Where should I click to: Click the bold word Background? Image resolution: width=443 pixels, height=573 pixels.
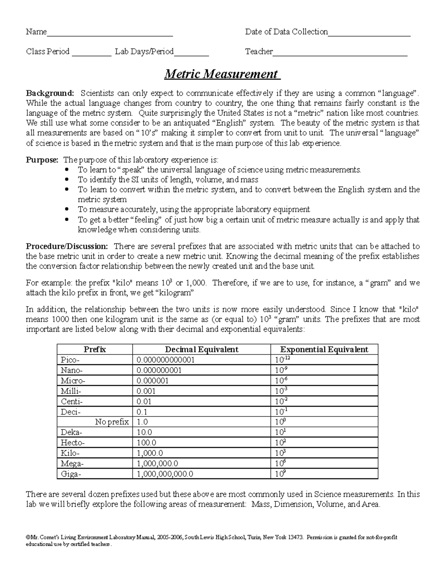pos(50,93)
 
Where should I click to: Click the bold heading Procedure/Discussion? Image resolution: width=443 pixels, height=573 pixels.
pos(67,246)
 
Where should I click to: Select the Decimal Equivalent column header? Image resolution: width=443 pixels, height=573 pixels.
pos(201,349)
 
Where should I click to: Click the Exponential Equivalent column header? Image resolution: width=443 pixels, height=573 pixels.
pos(324,349)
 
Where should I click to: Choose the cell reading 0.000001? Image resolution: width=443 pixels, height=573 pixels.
pos(152,381)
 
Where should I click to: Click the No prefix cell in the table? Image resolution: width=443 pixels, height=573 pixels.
pos(111,422)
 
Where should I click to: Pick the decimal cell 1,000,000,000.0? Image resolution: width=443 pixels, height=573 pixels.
pos(165,474)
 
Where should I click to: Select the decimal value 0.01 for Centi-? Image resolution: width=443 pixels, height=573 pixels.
pos(144,401)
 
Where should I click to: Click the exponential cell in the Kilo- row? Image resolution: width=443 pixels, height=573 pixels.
pos(281,453)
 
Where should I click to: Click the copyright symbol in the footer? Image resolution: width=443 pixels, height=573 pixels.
pos(28,537)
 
